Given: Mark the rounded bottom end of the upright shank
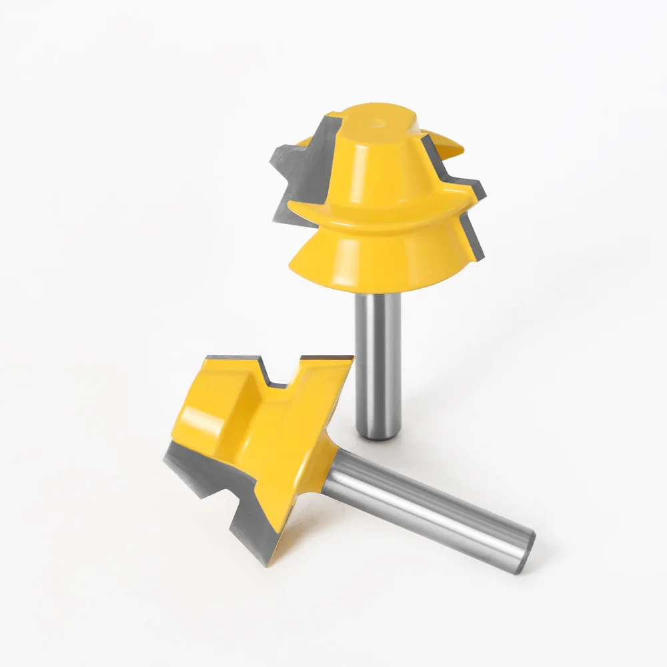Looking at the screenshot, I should point(378,435).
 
